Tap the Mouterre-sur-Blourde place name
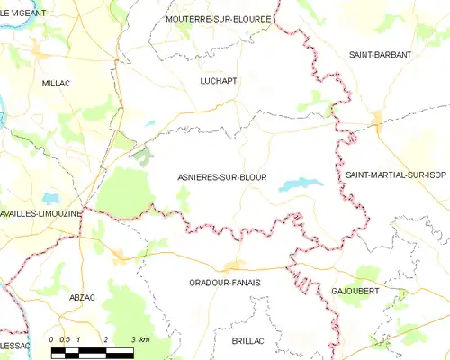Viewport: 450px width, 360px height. click(219, 18)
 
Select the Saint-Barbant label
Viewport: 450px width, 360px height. click(381, 55)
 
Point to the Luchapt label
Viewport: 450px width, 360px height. click(219, 80)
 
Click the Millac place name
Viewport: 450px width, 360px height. click(56, 83)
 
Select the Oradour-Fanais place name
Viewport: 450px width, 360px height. click(225, 281)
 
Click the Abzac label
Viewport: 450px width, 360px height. click(82, 295)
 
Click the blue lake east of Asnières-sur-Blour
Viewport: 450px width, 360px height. click(301, 184)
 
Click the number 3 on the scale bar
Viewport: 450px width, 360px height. click(133, 338)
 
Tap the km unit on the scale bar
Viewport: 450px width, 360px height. click(145, 338)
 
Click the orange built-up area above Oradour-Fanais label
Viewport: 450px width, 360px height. click(234, 265)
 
